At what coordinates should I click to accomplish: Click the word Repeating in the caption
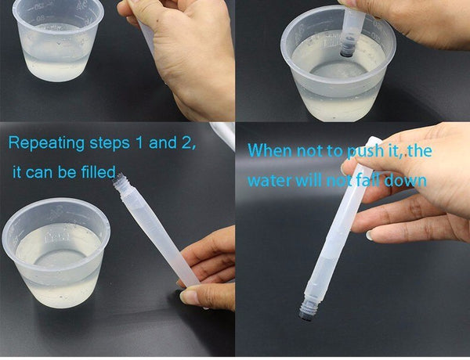[46, 143]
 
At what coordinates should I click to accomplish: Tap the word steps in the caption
[110, 143]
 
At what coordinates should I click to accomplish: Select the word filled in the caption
[99, 172]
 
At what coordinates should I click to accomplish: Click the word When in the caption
[269, 150]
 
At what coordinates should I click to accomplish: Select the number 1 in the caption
[139, 143]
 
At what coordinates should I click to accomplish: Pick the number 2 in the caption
[187, 143]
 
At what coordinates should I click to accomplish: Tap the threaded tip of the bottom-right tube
[306, 309]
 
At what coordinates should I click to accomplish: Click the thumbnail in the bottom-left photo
[190, 296]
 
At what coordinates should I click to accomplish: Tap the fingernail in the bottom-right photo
[369, 236]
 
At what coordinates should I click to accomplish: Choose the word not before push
[310, 151]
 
